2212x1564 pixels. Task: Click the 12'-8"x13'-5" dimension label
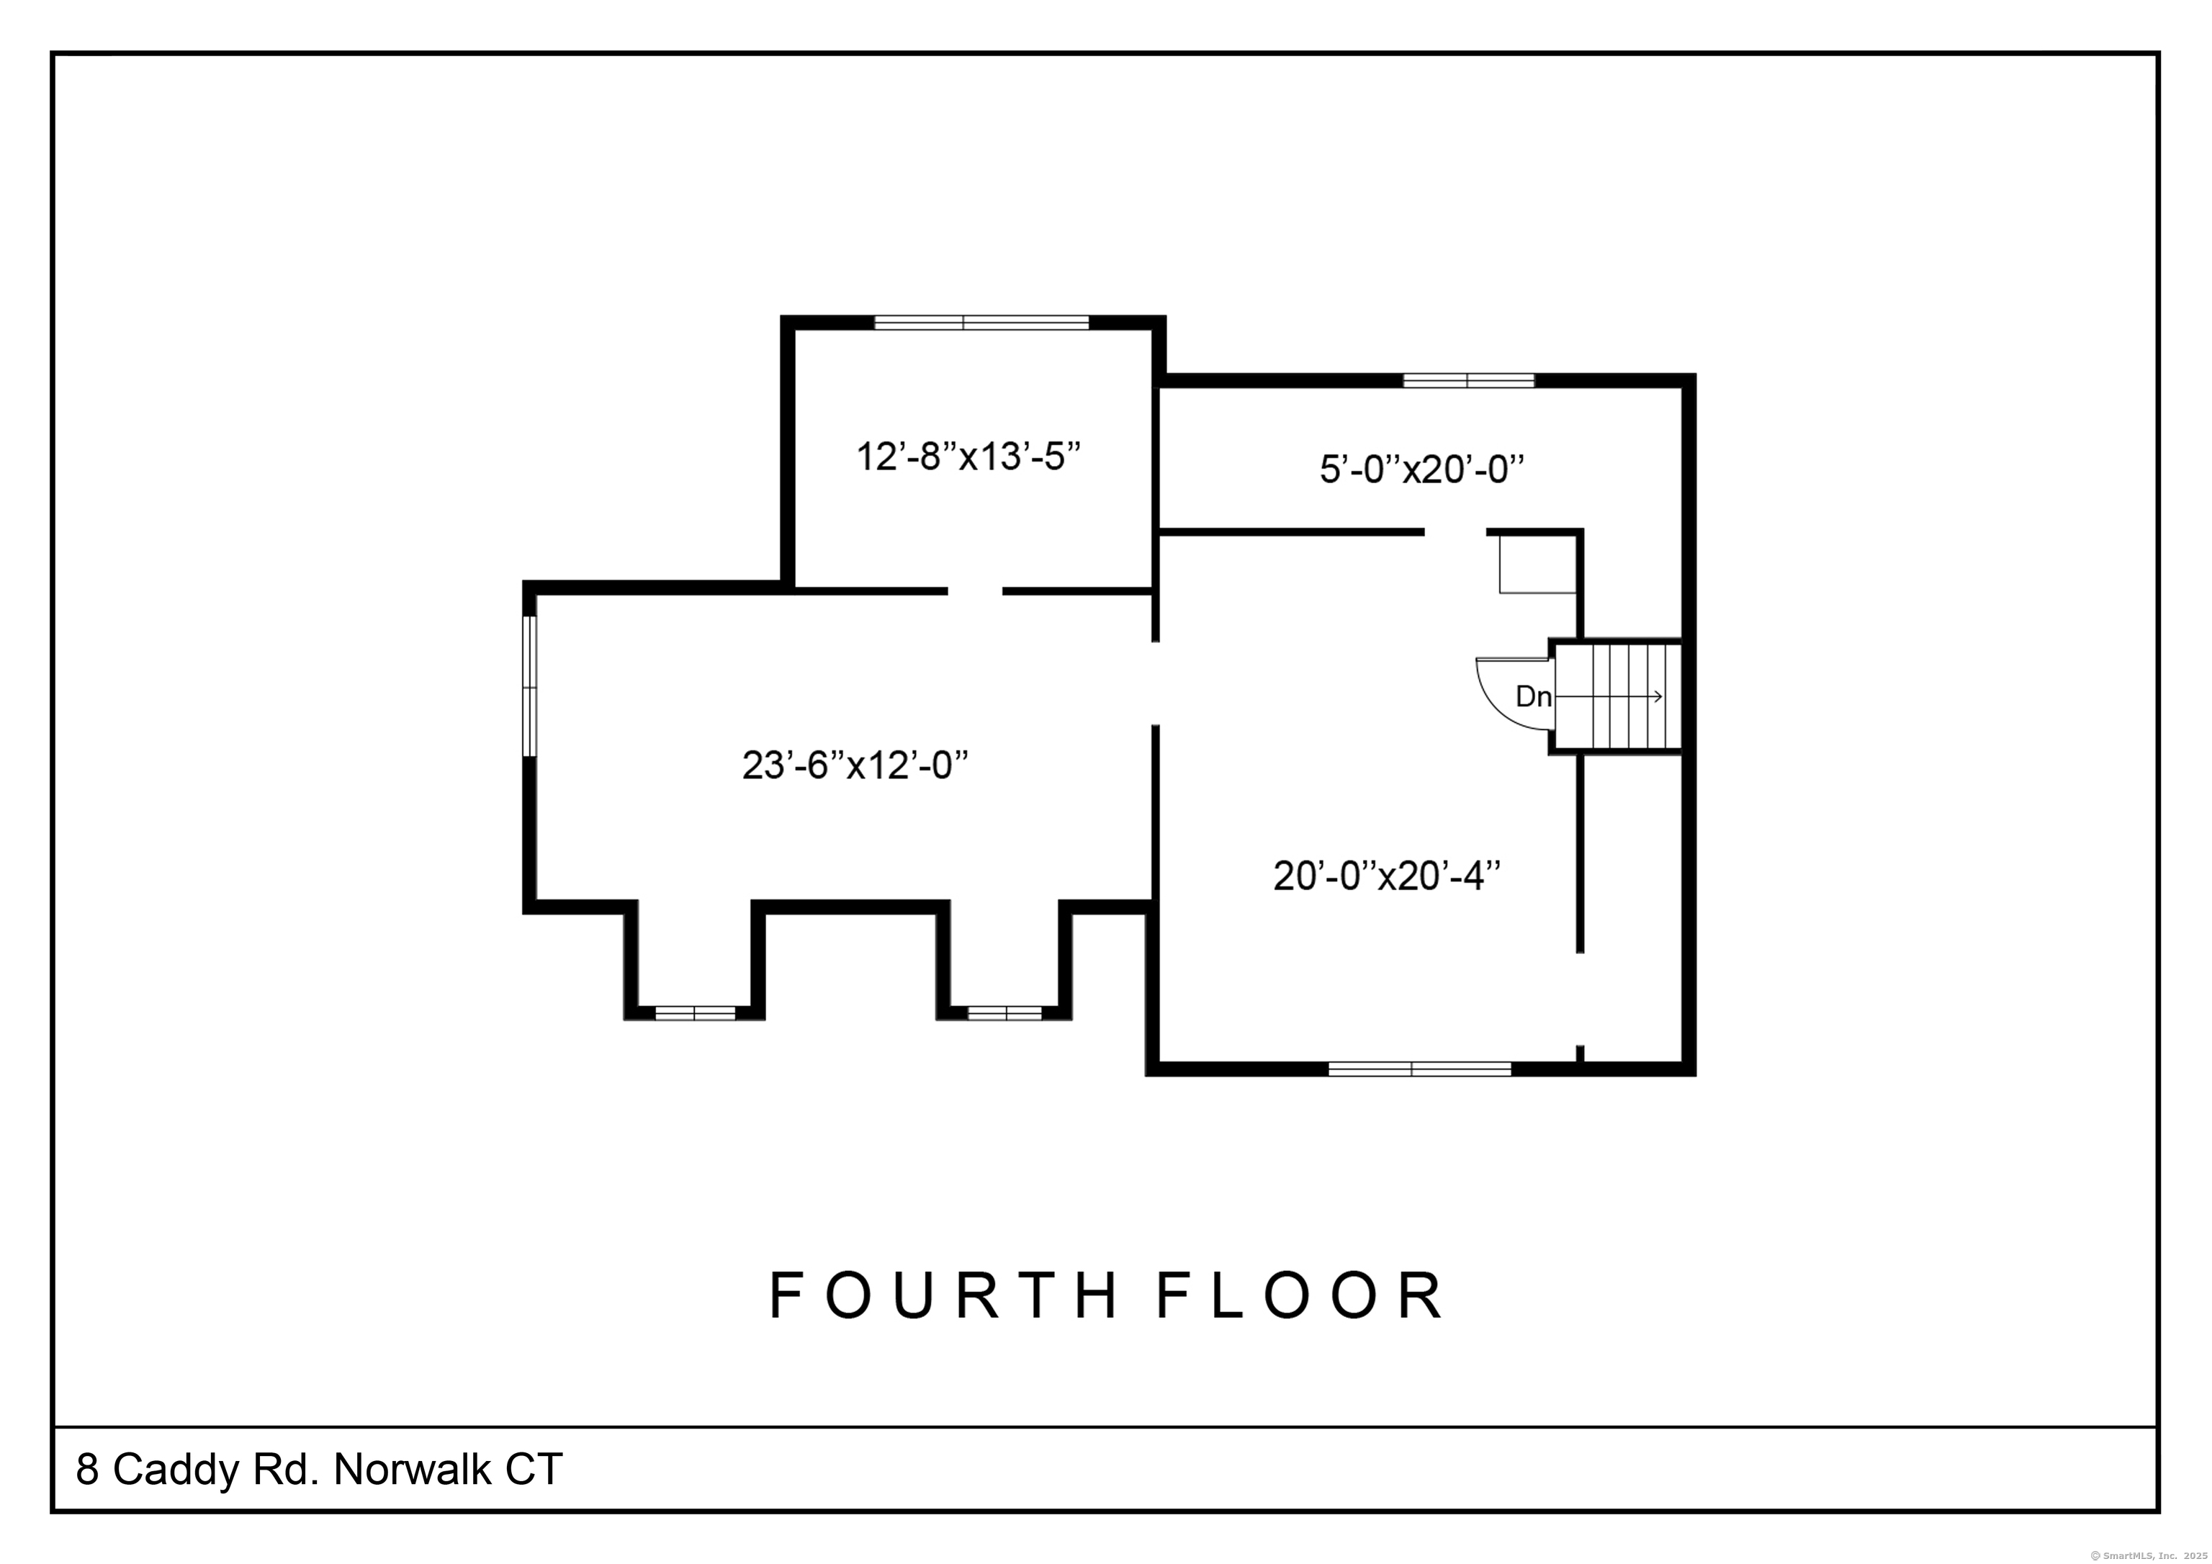pyautogui.click(x=968, y=456)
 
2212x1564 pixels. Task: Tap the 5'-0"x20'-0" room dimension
pyautogui.click(x=1422, y=469)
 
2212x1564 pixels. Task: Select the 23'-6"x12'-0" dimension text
pyautogui.click(x=855, y=765)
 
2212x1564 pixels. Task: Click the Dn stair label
pyautogui.click(x=1534, y=696)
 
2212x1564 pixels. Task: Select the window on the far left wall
pyautogui.click(x=529, y=686)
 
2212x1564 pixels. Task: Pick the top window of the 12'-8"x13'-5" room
pyautogui.click(x=981, y=323)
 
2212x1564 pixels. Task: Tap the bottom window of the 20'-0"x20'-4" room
pyautogui.click(x=1419, y=1069)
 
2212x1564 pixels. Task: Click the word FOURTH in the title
pyautogui.click(x=943, y=1295)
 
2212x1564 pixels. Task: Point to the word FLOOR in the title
pyautogui.click(x=1300, y=1295)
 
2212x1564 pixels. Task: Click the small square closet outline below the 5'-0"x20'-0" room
pyautogui.click(x=1537, y=565)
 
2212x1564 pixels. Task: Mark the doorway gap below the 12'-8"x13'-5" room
pyautogui.click(x=975, y=590)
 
